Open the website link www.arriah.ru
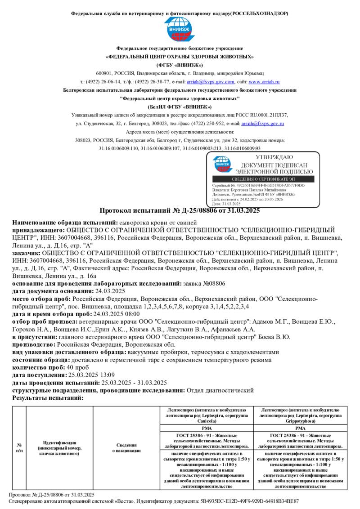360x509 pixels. (x=264, y=82)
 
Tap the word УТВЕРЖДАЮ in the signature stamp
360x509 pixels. (x=274, y=157)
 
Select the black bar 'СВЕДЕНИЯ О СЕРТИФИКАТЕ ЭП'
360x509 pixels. (x=263, y=179)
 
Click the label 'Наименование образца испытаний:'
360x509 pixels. (x=64, y=223)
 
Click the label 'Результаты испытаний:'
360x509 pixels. (x=48, y=398)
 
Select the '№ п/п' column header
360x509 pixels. (x=19, y=447)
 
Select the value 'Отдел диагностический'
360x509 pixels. (x=220, y=390)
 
